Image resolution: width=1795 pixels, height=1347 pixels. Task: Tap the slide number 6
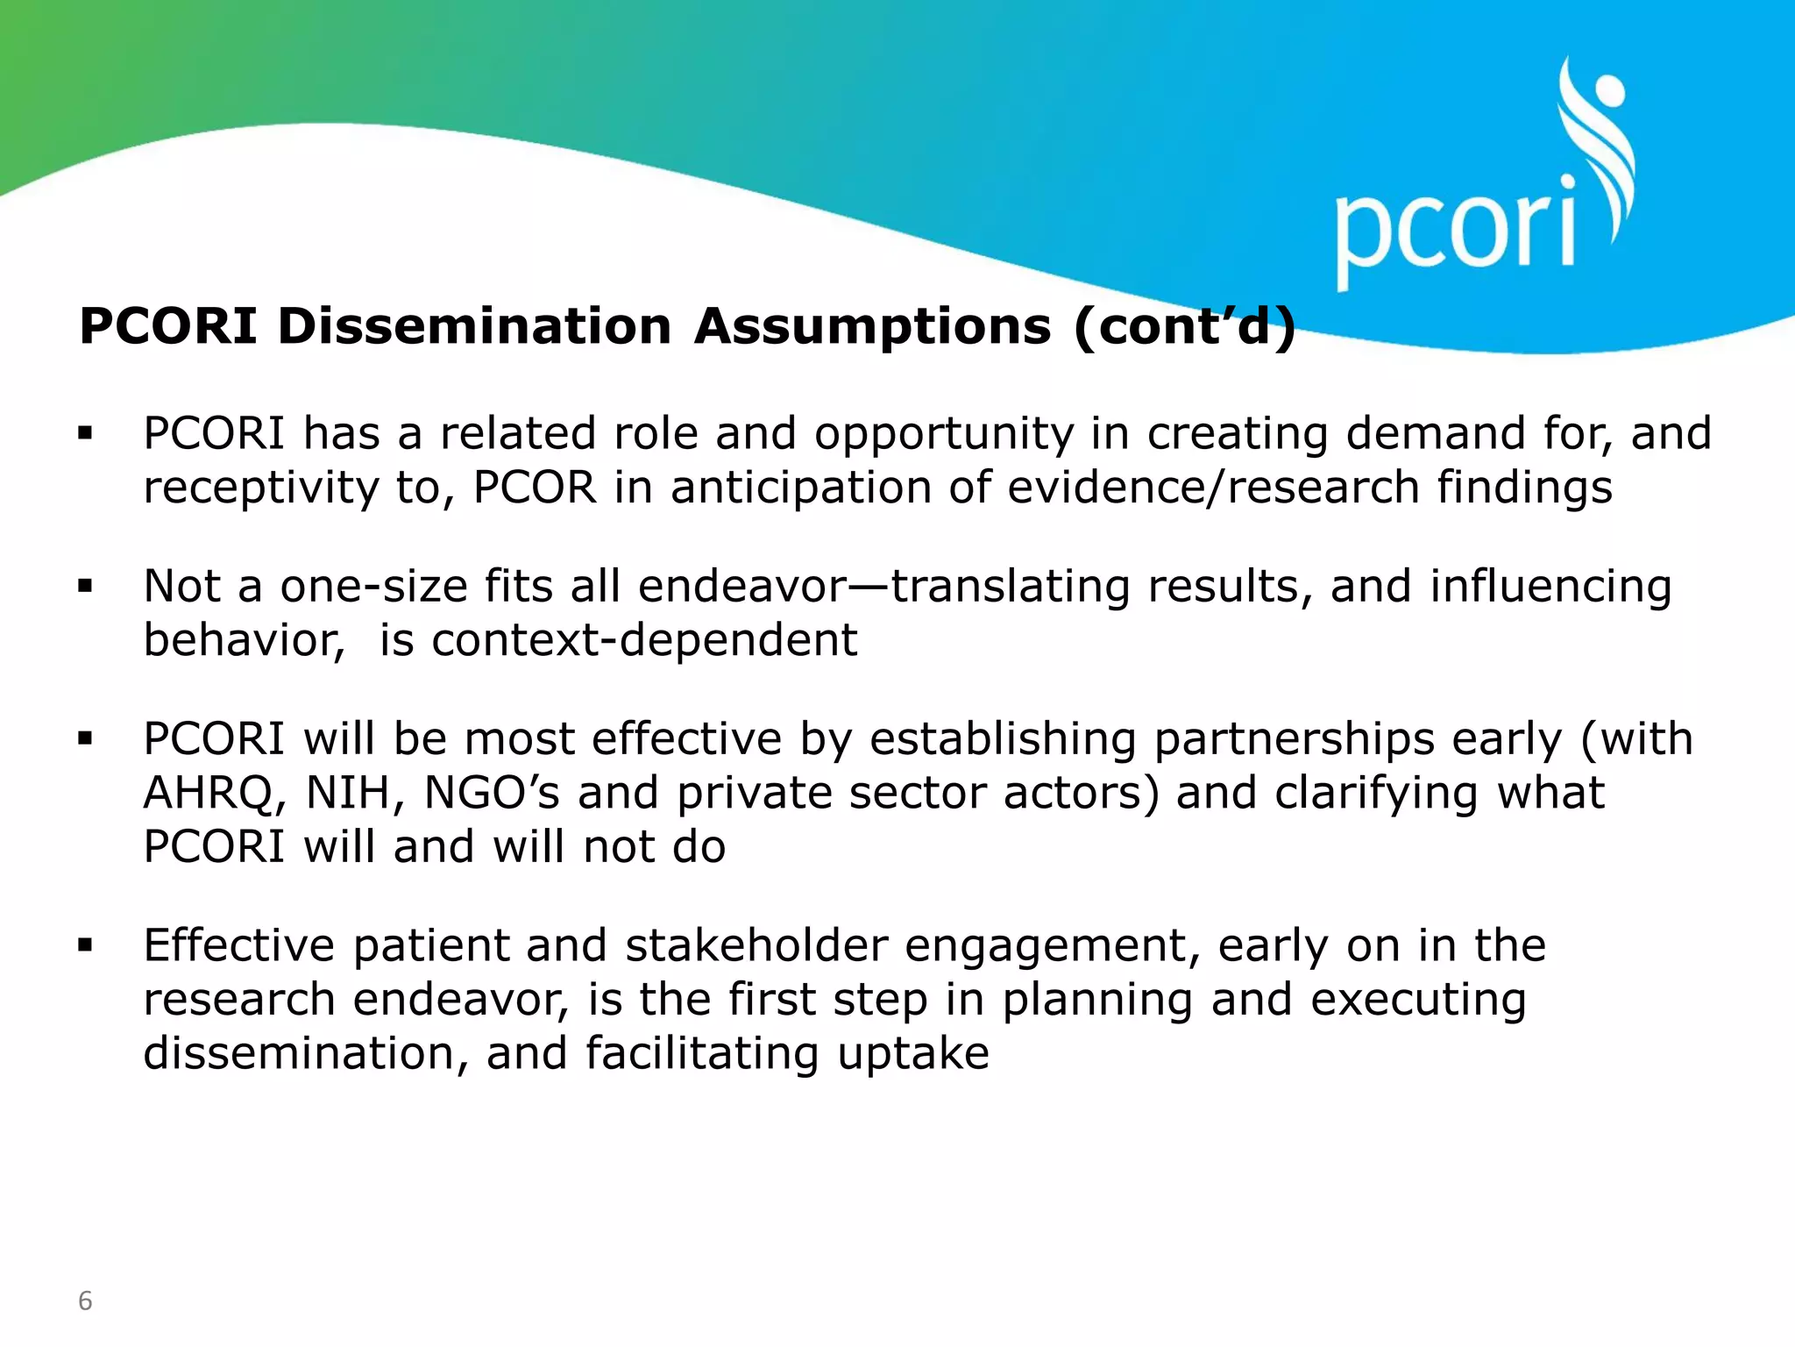pos(85,1301)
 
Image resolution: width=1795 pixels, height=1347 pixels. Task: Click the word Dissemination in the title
pos(474,326)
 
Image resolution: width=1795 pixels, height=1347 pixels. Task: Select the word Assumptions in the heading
pos(872,326)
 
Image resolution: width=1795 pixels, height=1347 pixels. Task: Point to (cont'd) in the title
pos(1184,326)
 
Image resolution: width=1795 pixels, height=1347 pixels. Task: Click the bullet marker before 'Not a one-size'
pos(85,586)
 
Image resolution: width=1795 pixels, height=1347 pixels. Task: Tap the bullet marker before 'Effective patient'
pos(85,945)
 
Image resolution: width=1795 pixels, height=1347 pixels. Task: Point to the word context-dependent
pos(644,640)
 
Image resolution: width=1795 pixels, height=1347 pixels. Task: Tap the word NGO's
pos(492,794)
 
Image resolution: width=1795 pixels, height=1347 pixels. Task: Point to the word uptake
pos(913,1053)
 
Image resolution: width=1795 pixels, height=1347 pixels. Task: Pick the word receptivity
pos(260,488)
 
